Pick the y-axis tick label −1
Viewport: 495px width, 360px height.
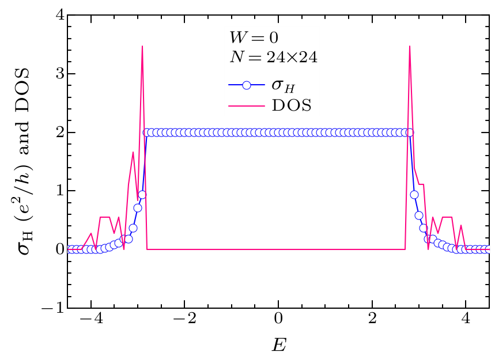[53, 308]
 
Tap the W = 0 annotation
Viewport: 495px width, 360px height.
[254, 39]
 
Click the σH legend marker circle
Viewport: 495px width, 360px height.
[246, 85]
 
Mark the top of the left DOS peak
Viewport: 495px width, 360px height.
[142, 46]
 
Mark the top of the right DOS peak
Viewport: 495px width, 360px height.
[409, 46]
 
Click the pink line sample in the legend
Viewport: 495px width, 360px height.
[246, 105]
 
